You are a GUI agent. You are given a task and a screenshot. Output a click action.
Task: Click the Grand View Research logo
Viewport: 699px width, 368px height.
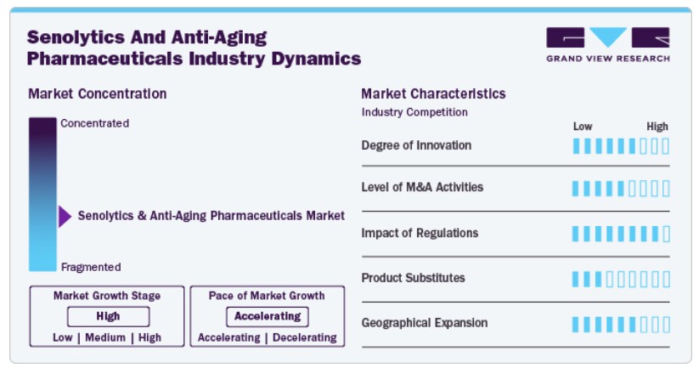[607, 44]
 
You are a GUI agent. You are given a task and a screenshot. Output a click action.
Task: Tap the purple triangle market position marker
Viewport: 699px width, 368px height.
[65, 217]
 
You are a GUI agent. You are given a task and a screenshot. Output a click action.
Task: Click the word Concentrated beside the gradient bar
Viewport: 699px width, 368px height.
[94, 123]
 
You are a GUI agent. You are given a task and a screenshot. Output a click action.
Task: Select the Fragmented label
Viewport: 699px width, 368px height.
[91, 267]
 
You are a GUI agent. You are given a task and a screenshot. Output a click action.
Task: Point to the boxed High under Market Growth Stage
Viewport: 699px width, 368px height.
[109, 316]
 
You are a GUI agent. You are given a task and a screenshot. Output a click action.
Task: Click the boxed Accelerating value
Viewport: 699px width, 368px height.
[268, 316]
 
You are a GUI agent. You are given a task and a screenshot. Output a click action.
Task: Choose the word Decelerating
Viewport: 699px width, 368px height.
[304, 337]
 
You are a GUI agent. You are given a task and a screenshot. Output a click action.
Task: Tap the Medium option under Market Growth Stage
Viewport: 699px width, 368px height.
[105, 337]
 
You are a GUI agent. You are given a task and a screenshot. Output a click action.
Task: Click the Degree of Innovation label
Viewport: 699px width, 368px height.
[416, 145]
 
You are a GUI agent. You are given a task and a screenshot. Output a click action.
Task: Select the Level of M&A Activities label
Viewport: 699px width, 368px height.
[422, 187]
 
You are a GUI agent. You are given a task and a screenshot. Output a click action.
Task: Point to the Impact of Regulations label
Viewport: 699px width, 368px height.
[420, 233]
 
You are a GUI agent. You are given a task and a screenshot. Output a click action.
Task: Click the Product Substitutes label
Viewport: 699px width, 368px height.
[413, 278]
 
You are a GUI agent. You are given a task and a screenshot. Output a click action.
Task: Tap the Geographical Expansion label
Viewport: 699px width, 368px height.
[425, 323]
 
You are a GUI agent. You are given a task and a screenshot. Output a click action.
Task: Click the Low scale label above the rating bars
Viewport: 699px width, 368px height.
[583, 127]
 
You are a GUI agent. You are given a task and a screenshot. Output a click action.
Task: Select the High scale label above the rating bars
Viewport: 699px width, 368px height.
[657, 127]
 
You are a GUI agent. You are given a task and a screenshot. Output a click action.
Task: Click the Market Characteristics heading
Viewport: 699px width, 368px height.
[433, 93]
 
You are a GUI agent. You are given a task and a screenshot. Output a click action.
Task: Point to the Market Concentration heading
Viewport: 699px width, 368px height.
[97, 93]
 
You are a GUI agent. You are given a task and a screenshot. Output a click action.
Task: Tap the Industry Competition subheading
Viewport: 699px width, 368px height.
[414, 112]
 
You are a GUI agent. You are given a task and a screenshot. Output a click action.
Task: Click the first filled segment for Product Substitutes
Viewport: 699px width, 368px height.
[576, 280]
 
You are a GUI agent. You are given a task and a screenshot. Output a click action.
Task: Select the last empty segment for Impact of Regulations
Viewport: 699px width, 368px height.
[666, 234]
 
